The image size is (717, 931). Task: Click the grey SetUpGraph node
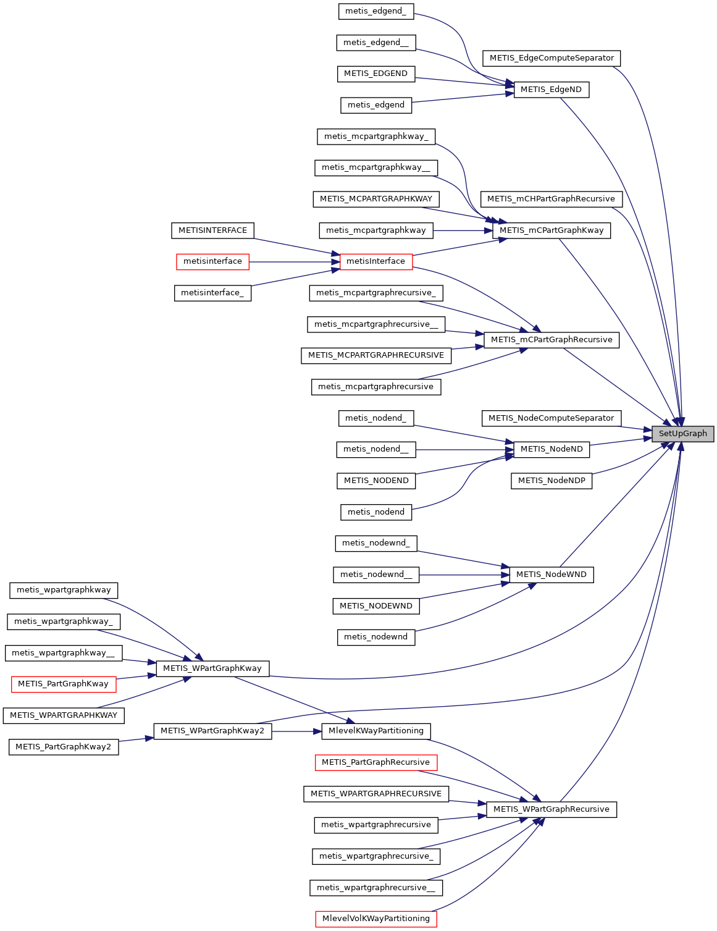[682, 434]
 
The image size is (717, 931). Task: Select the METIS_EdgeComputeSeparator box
[551, 58]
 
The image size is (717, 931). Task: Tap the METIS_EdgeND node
[551, 90]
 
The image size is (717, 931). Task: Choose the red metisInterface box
[375, 261]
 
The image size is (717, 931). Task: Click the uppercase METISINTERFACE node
[212, 230]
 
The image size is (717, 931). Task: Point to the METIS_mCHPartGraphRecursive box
[551, 199]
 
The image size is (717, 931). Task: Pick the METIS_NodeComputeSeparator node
[551, 418]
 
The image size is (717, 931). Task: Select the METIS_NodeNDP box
[551, 481]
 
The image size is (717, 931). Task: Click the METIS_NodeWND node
[551, 575]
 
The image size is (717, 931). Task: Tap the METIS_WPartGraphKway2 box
[212, 731]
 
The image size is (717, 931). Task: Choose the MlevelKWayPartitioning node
[375, 731]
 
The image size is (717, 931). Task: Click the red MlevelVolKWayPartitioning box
[375, 919]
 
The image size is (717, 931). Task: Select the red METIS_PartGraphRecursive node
[375, 762]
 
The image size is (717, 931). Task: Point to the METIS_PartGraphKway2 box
[64, 747]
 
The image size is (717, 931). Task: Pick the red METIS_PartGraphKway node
[64, 684]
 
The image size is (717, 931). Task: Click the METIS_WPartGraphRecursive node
[551, 809]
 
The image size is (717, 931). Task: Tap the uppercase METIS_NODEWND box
[375, 606]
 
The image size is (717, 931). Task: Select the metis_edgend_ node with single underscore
[375, 11]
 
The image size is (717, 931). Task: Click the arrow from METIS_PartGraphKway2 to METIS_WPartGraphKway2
[136, 739]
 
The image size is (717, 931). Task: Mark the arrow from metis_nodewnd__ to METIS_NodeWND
[464, 575]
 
